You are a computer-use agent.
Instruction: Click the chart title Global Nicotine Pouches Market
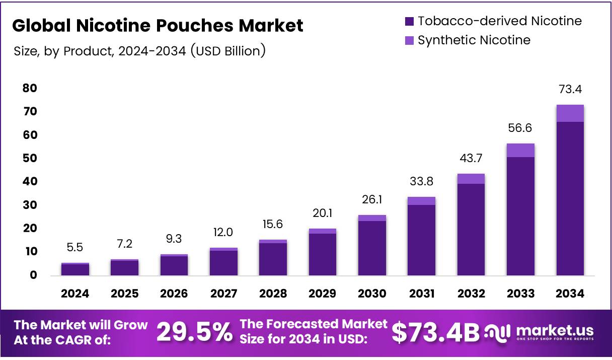tap(158, 26)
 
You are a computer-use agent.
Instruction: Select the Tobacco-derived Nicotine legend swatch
tap(409, 21)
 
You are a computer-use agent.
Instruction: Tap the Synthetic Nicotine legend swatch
tap(409, 40)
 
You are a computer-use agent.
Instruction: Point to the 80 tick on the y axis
tap(30, 88)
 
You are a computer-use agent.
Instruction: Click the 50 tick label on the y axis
tap(30, 158)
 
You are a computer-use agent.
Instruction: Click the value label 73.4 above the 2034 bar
tap(570, 90)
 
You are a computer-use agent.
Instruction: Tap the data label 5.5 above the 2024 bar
tap(75, 247)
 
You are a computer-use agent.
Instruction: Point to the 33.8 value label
tap(422, 181)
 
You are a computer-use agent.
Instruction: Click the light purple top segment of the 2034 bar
tap(570, 113)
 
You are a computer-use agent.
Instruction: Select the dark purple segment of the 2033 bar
tap(520, 217)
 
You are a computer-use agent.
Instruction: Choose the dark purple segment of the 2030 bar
tap(372, 248)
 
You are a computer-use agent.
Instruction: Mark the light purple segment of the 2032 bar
tap(471, 179)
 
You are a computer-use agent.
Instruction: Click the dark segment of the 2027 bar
tap(224, 263)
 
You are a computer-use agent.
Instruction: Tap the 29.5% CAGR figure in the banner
tap(194, 332)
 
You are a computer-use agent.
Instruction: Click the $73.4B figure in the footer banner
tap(435, 332)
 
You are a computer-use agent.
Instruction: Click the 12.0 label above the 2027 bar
tap(224, 232)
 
